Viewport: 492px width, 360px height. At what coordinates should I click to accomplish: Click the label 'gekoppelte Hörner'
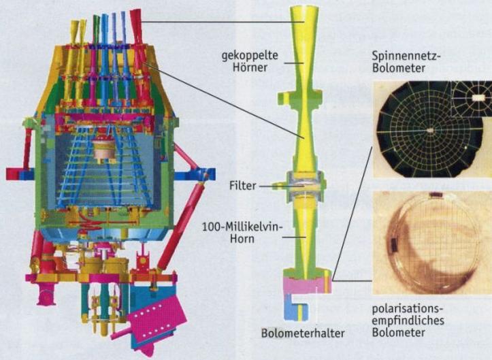pyautogui.click(x=250, y=61)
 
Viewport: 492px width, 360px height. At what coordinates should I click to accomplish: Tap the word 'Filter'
pyautogui.click(x=242, y=186)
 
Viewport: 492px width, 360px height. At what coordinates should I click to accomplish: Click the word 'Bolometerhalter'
pyautogui.click(x=303, y=333)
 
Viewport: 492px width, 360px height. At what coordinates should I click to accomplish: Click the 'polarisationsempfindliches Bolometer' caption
pyautogui.click(x=408, y=321)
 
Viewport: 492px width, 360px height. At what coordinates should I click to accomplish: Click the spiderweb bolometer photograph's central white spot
pyautogui.click(x=430, y=130)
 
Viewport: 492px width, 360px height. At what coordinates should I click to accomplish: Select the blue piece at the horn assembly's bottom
pyautogui.click(x=296, y=311)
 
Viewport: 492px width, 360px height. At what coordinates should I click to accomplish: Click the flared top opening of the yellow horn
pyautogui.click(x=304, y=10)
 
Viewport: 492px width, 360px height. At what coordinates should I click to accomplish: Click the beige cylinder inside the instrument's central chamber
pyautogui.click(x=105, y=150)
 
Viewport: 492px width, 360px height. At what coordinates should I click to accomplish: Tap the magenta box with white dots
pyautogui.click(x=157, y=317)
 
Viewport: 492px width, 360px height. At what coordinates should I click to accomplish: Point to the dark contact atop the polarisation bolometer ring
pyautogui.click(x=436, y=195)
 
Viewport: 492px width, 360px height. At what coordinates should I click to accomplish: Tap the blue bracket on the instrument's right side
pyautogui.click(x=195, y=174)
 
